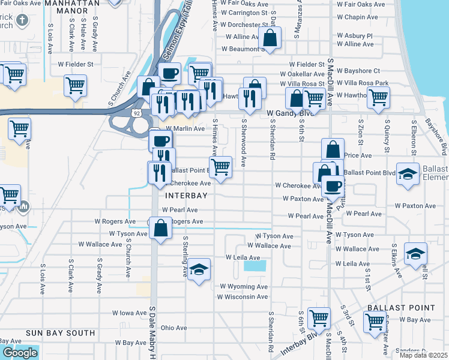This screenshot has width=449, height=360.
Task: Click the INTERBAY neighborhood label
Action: (x=187, y=196)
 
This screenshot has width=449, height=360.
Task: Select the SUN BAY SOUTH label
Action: (x=60, y=332)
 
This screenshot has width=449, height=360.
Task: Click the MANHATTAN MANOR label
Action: (x=75, y=3)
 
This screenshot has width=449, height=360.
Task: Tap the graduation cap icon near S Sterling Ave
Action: (x=199, y=269)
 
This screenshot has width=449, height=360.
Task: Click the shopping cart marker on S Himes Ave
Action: (x=221, y=167)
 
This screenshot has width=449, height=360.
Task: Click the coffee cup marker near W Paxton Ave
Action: (x=333, y=185)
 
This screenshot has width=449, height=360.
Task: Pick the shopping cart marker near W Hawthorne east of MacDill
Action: (x=378, y=97)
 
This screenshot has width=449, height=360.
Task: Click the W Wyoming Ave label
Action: (x=244, y=287)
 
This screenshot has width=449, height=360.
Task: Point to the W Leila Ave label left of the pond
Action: (x=243, y=257)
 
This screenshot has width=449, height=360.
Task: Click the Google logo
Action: (x=20, y=353)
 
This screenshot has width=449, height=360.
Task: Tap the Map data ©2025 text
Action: (x=424, y=355)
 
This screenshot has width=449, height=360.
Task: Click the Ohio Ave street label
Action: (x=174, y=328)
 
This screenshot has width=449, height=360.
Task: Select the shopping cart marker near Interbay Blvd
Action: (x=319, y=318)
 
